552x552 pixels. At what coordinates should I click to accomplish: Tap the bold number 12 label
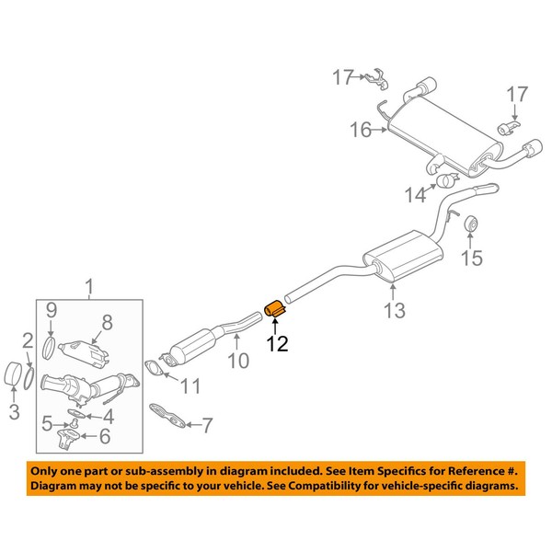coord(277,345)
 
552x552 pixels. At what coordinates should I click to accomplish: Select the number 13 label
coord(394,313)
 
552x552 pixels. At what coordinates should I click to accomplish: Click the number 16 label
coord(361,132)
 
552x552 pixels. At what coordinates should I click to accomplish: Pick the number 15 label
coord(470,259)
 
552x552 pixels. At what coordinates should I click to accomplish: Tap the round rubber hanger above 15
coord(468,223)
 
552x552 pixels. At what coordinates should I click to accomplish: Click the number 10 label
coord(237,362)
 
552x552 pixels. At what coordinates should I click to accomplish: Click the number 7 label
coord(206,426)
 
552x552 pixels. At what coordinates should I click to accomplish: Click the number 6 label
coord(104,436)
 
